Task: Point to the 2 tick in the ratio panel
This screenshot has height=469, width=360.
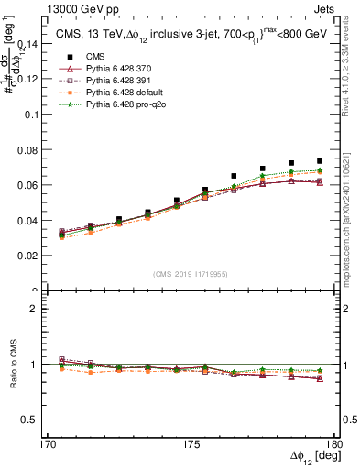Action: [x=39, y=309]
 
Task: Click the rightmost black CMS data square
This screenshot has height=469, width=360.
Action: [x=320, y=161]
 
